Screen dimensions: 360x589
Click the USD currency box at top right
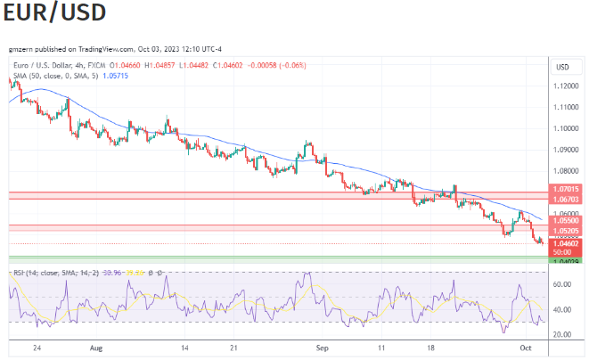coord(563,67)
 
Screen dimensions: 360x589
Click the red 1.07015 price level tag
coord(567,189)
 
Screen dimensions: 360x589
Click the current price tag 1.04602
coord(567,243)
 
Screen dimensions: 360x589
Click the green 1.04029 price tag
coord(567,260)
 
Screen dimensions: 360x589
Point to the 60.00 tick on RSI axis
coord(561,284)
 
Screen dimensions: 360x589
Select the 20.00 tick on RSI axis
coord(561,334)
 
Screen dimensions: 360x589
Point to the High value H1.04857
coord(157,66)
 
